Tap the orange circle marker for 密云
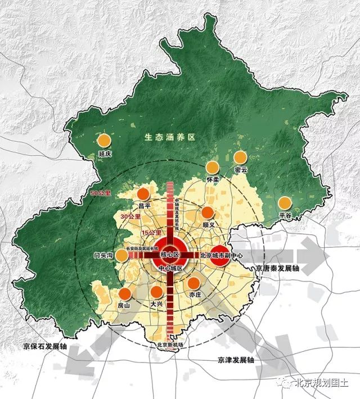[240, 157]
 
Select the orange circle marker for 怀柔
[212, 167]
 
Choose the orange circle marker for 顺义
[208, 212]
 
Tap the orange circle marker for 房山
[125, 293]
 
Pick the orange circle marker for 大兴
[156, 292]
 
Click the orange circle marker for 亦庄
[193, 283]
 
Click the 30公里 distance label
[129, 216]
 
